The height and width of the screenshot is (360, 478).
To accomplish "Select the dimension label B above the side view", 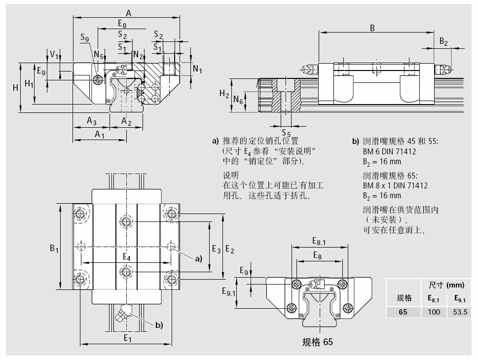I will [372, 28].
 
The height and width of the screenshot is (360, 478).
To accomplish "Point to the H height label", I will [15, 88].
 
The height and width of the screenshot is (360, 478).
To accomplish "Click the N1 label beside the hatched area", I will [197, 69].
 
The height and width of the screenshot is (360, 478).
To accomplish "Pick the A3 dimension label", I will [92, 120].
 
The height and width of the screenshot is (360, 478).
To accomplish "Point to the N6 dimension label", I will [238, 101].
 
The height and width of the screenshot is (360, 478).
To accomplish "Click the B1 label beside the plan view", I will [54, 249].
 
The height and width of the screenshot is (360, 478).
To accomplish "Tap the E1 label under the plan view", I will [127, 338].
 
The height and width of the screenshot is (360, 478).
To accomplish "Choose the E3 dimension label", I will [216, 250].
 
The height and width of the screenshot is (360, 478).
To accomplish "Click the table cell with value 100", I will [434, 312].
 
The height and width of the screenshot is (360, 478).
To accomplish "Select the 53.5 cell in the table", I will [458, 312].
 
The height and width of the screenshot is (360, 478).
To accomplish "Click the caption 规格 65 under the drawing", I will [317, 341].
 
